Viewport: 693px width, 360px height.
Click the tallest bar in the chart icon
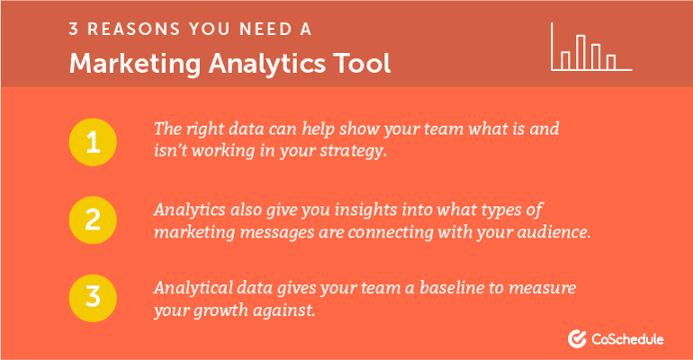click(581, 52)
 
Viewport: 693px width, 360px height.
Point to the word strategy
click(355, 151)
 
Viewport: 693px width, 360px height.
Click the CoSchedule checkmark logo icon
click(578, 338)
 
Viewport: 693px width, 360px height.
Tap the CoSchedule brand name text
click(628, 339)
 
